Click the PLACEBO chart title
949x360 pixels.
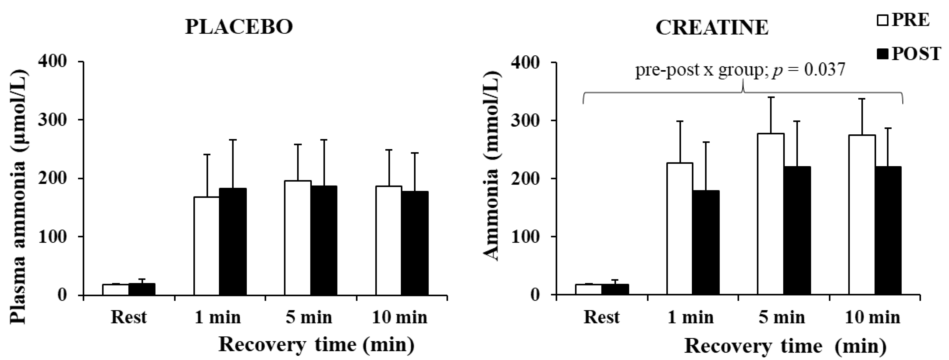[239, 27]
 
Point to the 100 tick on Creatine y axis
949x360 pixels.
[526, 237]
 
